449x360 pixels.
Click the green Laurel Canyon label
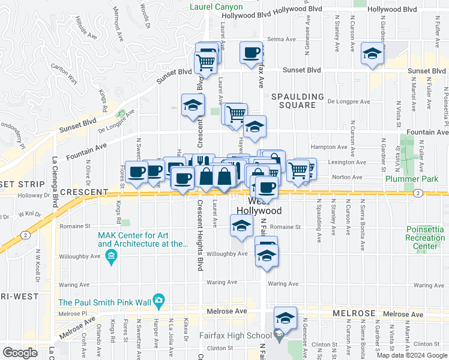[x=217, y=7]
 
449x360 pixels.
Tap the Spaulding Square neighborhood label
[x=297, y=101]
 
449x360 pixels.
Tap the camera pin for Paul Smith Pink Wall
[x=158, y=299]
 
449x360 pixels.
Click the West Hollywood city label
[x=259, y=206]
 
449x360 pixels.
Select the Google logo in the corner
[x=20, y=352]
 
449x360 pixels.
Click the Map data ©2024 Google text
[x=412, y=355]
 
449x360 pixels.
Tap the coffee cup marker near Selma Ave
[x=251, y=52]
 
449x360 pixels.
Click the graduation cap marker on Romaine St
[x=241, y=227]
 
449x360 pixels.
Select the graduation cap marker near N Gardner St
[x=372, y=55]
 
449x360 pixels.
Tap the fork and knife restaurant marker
[x=201, y=162]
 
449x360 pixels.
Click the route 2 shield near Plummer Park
[x=417, y=193]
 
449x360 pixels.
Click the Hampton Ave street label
[x=329, y=147]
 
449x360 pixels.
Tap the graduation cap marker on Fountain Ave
[x=255, y=126]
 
